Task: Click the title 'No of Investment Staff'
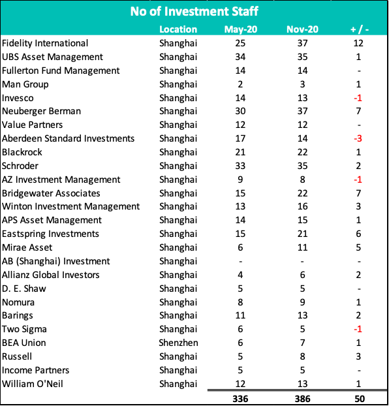point(194,11)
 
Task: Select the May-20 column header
point(241,29)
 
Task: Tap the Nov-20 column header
point(302,29)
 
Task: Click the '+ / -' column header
point(359,29)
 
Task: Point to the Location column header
point(178,29)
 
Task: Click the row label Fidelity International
point(45,43)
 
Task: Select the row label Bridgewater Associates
point(51,193)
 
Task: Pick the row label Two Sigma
point(24,330)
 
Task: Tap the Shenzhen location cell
point(178,343)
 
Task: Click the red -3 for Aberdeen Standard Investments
point(358,139)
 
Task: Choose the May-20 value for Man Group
point(240,84)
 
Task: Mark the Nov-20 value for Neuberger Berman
point(302,112)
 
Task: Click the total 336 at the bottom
point(240,399)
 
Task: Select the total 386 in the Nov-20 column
point(302,399)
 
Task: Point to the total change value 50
point(360,399)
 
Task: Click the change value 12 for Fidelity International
point(358,43)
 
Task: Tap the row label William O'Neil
point(33,384)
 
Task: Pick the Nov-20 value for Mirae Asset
point(302,248)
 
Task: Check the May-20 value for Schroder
point(240,166)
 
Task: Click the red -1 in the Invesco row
point(358,98)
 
